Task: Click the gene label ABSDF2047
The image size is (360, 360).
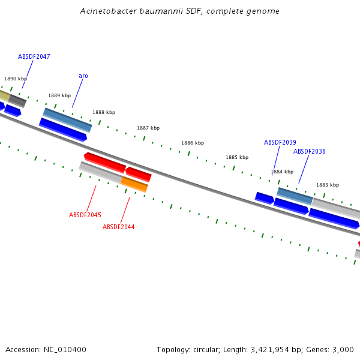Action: [34, 56]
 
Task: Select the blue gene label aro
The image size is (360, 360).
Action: [83, 76]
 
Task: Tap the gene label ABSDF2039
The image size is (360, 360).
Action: [280, 142]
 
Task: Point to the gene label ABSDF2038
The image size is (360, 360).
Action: [309, 151]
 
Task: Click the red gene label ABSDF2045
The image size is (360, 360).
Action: [85, 215]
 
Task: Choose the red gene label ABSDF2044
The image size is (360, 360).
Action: [118, 227]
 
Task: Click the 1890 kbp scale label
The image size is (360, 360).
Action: [16, 79]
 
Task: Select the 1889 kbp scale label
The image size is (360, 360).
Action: [59, 95]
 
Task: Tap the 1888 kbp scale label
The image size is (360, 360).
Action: [104, 112]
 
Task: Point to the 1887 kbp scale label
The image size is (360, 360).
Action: [148, 128]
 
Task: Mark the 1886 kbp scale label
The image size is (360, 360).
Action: [193, 143]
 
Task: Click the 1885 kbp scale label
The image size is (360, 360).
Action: [237, 157]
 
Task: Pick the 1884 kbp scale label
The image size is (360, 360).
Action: [282, 172]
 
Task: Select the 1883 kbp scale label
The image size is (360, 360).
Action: [328, 185]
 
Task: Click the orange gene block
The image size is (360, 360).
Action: [134, 184]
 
